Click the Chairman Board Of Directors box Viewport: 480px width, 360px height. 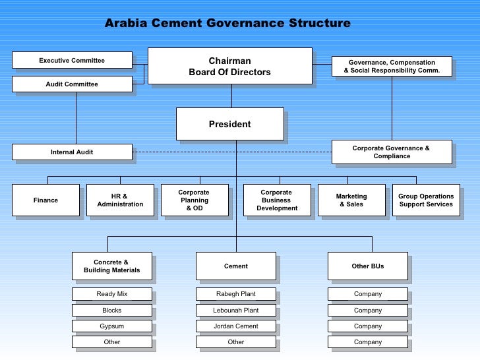click(x=229, y=66)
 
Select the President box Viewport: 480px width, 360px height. click(x=229, y=124)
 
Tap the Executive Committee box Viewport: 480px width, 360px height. click(x=72, y=61)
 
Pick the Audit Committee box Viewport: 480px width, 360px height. click(x=72, y=84)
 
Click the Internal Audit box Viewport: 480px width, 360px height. click(x=72, y=152)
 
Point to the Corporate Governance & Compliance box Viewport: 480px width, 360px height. click(x=391, y=152)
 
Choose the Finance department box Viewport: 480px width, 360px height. click(x=45, y=200)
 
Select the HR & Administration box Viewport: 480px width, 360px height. click(x=120, y=200)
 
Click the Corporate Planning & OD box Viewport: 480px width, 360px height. click(x=194, y=200)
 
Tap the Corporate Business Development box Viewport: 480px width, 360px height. click(x=277, y=200)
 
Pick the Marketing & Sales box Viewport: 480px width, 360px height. click(x=351, y=200)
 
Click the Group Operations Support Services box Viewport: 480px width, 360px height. click(x=426, y=200)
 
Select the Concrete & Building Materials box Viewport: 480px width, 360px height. click(x=112, y=266)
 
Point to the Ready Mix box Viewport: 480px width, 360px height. click(x=112, y=294)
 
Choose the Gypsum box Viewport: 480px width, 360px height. click(x=112, y=326)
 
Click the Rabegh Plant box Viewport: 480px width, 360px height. click(x=236, y=294)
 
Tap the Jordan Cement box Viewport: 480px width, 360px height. click(x=236, y=326)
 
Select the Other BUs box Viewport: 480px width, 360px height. click(x=368, y=266)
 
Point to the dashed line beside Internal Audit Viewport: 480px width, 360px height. click(x=231, y=152)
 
